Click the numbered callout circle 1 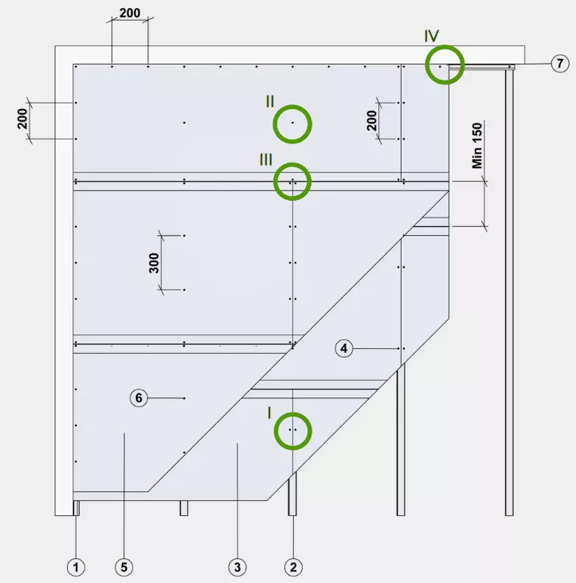[76, 567]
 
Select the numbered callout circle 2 [293, 567]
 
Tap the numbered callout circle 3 [237, 567]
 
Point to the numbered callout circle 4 [344, 348]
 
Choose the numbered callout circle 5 [123, 567]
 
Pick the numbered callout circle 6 [139, 398]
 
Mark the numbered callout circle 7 [559, 64]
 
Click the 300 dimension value [154, 263]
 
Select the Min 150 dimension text [477, 146]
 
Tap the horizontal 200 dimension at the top [130, 13]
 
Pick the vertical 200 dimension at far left [22, 119]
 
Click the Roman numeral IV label [432, 36]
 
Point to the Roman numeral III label [266, 160]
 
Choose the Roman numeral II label [270, 101]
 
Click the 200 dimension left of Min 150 [372, 120]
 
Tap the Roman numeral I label [269, 413]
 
